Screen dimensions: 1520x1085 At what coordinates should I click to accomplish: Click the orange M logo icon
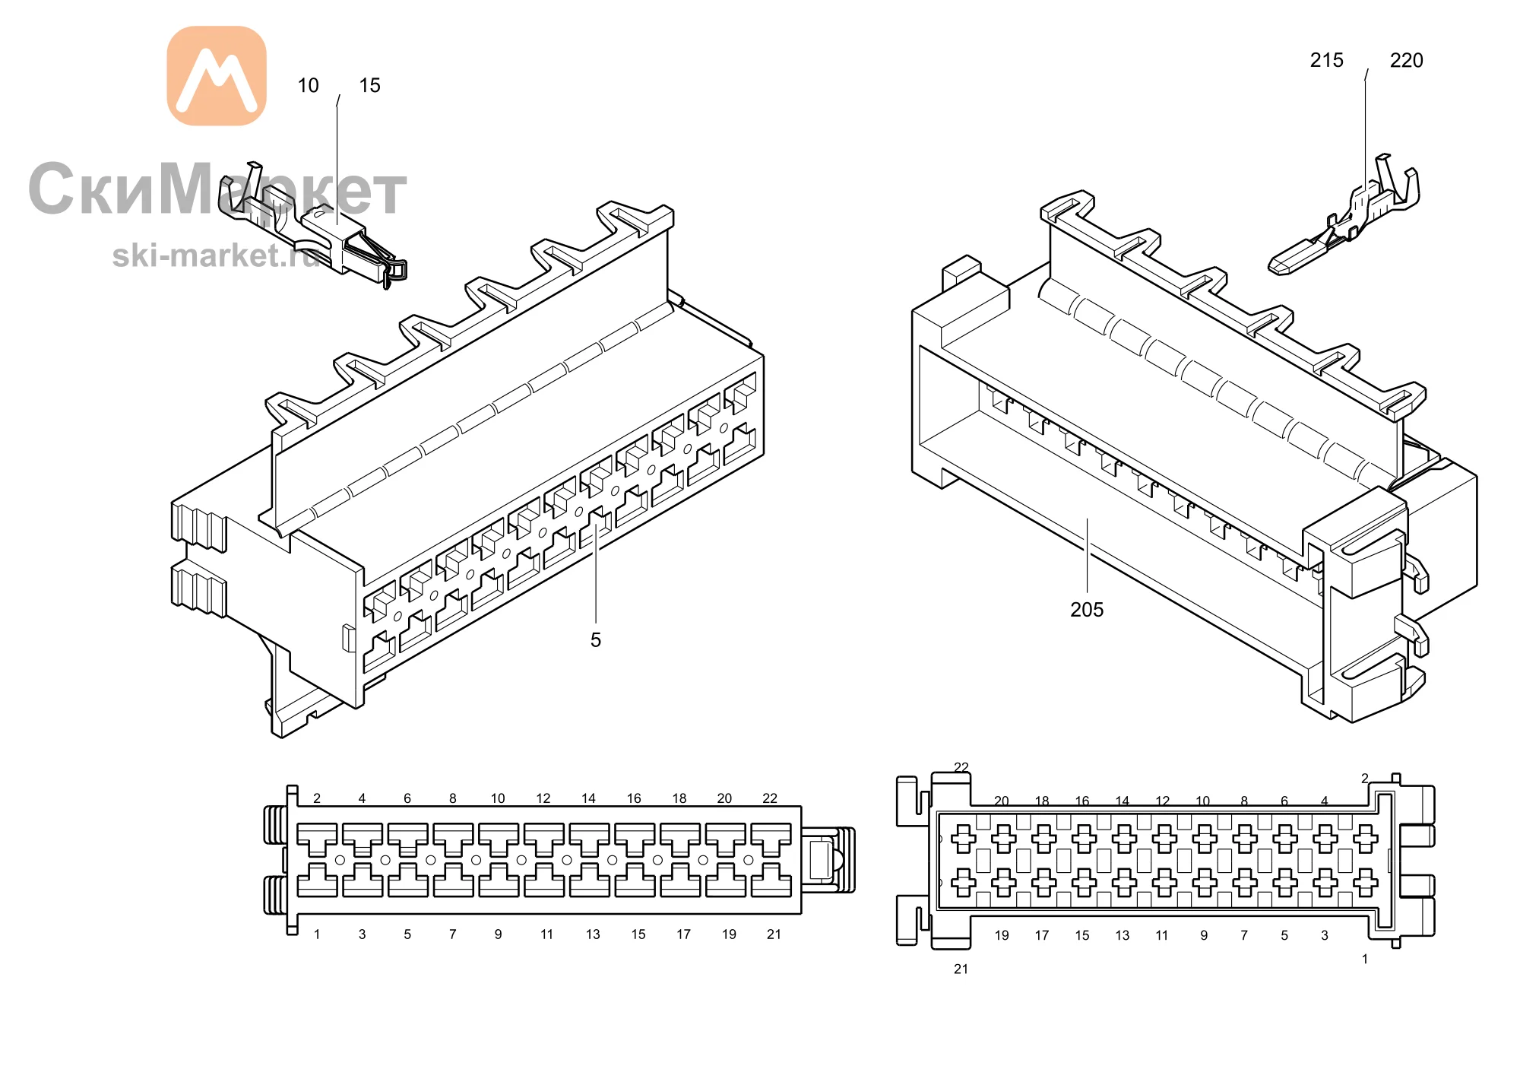click(217, 76)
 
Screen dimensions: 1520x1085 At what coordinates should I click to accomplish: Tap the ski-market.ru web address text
click(217, 255)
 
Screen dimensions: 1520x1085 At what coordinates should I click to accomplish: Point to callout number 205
click(1087, 610)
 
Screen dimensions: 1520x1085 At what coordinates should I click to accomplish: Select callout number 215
click(1327, 60)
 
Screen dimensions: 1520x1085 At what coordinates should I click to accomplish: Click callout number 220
click(1407, 60)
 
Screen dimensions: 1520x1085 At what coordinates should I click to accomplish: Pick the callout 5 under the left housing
click(596, 640)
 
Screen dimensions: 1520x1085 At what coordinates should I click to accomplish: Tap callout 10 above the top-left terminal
click(308, 85)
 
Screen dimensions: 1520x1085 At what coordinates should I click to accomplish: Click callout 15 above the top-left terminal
click(370, 85)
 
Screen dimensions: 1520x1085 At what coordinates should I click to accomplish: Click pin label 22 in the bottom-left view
click(770, 798)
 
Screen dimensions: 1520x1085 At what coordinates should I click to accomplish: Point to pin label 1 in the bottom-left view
click(317, 934)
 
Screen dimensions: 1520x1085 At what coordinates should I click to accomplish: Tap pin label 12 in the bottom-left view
click(543, 798)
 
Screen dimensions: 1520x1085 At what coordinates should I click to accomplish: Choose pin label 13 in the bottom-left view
click(593, 934)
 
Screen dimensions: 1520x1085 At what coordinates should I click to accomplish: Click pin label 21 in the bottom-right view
click(961, 969)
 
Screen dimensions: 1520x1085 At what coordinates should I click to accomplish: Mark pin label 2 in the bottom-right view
click(1365, 779)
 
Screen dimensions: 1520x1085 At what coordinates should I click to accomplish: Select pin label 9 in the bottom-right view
click(1204, 936)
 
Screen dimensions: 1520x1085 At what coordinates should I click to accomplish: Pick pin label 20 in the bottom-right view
click(1002, 801)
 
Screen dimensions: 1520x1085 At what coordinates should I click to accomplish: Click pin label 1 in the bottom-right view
click(1365, 960)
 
